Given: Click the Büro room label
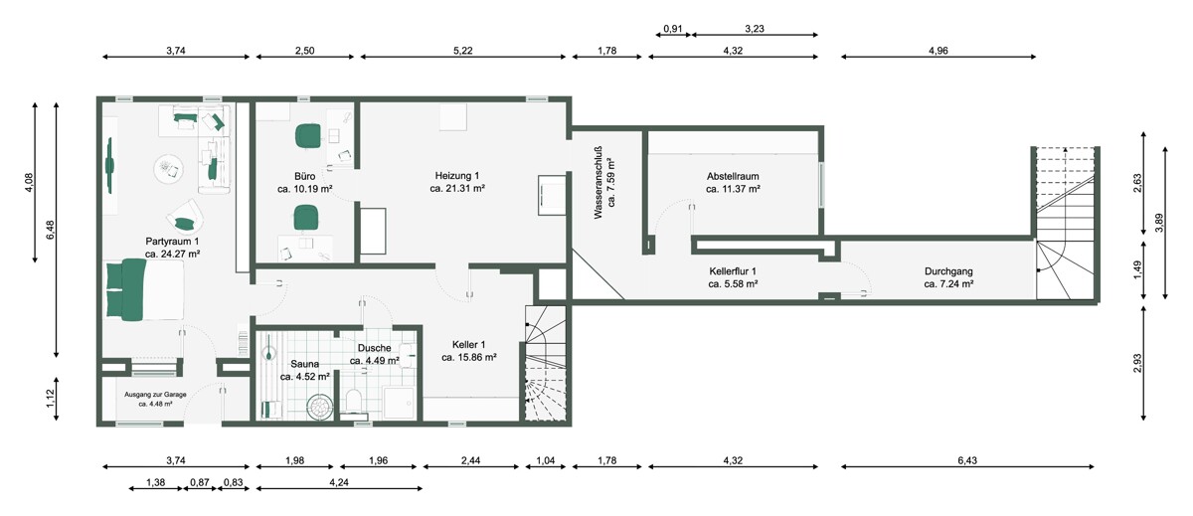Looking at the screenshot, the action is [x=304, y=176].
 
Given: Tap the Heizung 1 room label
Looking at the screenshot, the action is [x=457, y=176].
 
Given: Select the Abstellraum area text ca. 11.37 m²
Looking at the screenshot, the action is [x=733, y=189].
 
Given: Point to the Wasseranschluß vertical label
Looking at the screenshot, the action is [x=598, y=183].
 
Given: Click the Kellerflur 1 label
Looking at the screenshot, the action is [x=733, y=271].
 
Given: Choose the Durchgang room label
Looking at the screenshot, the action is [x=948, y=271].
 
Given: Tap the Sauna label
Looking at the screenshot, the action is [x=304, y=364].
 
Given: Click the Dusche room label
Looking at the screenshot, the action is [x=375, y=348].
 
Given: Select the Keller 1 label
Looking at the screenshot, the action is [x=468, y=345].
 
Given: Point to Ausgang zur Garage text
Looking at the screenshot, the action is [x=155, y=395].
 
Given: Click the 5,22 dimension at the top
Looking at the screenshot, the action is [x=463, y=51].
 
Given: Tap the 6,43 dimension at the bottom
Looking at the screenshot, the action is [x=967, y=460].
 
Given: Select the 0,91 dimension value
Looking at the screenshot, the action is [x=673, y=29].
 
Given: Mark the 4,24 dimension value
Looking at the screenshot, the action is [x=339, y=483].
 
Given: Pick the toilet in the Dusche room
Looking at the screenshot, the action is [x=354, y=401].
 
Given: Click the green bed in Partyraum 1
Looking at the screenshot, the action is [x=144, y=290].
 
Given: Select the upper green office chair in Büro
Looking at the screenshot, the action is [x=308, y=136].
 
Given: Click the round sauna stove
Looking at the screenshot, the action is [x=320, y=408].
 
